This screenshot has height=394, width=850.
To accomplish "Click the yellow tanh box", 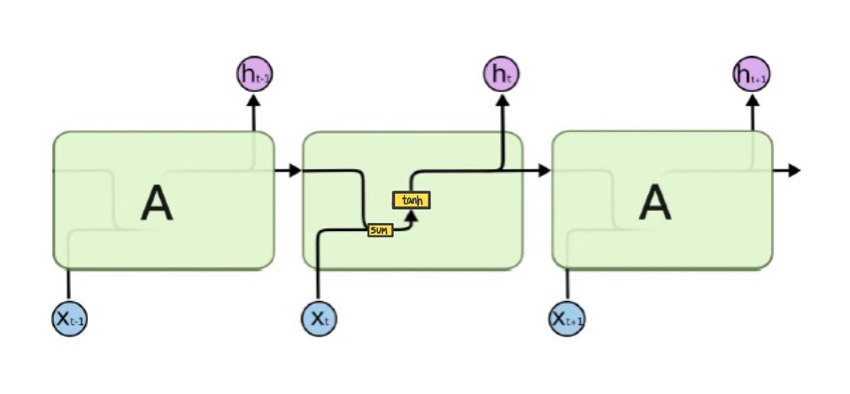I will [411, 200].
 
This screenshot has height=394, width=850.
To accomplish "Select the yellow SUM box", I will [380, 230].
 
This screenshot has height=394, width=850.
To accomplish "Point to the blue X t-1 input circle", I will [69, 318].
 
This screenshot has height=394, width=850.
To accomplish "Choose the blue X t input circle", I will [320, 317].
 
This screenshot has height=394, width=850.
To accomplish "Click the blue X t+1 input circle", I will [568, 317].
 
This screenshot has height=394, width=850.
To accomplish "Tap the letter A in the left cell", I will [158, 205].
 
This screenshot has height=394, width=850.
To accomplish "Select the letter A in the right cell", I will [655, 205].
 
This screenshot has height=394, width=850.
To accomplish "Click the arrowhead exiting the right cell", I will [793, 170].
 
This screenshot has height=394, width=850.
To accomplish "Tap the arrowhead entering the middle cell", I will [295, 170].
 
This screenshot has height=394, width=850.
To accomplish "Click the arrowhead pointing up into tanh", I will [411, 213].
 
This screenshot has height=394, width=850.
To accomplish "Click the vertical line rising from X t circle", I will [319, 274].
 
